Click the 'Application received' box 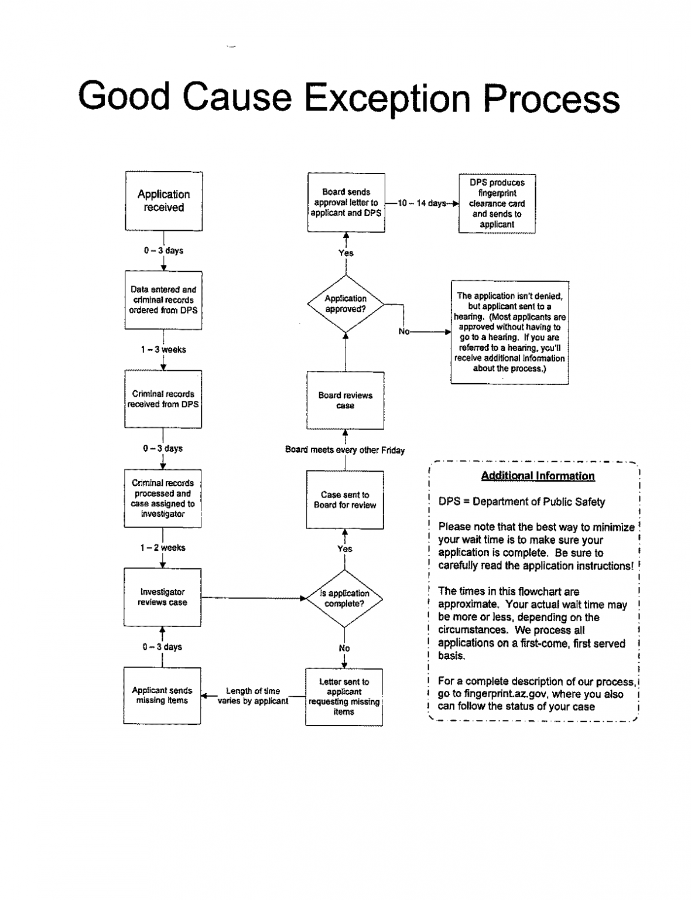click(x=163, y=201)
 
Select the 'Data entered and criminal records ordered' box click(x=163, y=300)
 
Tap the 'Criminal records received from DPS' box click(x=163, y=399)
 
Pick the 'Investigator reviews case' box click(x=162, y=597)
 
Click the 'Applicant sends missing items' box click(x=162, y=696)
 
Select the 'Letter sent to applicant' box click(x=344, y=697)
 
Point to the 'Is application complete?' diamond click(x=344, y=598)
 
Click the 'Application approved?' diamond click(x=345, y=304)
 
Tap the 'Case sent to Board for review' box click(x=345, y=500)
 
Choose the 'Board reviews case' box click(x=345, y=400)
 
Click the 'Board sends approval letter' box click(x=346, y=203)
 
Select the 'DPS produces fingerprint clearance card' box click(x=497, y=203)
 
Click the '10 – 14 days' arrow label click(x=422, y=203)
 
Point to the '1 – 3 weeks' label click(x=163, y=350)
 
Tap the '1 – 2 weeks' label click(x=163, y=548)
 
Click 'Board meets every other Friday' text click(x=345, y=450)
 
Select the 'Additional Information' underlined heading click(x=538, y=476)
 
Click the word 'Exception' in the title click(x=388, y=97)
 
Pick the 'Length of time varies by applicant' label click(x=253, y=696)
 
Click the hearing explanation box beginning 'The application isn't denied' click(x=509, y=332)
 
